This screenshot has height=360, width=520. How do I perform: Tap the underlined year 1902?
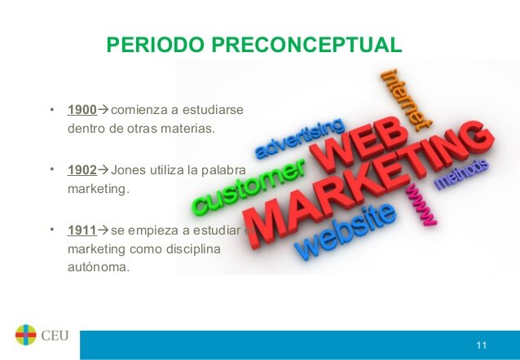(82, 171)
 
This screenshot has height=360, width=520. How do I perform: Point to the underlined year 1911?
(82, 231)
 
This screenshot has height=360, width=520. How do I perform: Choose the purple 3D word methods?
(461, 173)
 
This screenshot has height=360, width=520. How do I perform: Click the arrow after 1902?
(103, 171)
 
